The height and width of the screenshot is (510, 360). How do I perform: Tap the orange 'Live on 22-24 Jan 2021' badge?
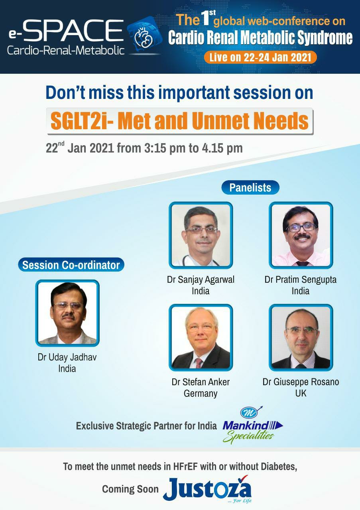pos(260,57)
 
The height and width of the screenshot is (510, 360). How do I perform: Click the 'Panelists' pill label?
pos(250,187)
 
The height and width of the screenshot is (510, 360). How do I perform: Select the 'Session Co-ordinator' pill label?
pos(71,264)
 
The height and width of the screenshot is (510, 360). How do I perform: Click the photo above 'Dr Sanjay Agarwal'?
pos(201,235)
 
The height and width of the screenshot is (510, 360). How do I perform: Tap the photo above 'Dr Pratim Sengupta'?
pos(301,235)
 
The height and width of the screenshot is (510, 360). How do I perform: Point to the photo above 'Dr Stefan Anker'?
pos(201,338)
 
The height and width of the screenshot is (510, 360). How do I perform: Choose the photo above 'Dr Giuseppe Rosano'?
pos(301,338)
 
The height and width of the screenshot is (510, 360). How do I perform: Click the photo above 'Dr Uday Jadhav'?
pos(67,313)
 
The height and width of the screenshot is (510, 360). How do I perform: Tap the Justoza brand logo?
pos(207,490)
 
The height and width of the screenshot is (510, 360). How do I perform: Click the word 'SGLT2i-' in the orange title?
pos(82,121)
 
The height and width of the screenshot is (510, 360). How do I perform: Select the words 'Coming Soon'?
pos(130,489)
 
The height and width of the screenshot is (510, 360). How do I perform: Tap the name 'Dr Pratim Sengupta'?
pos(300,280)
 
